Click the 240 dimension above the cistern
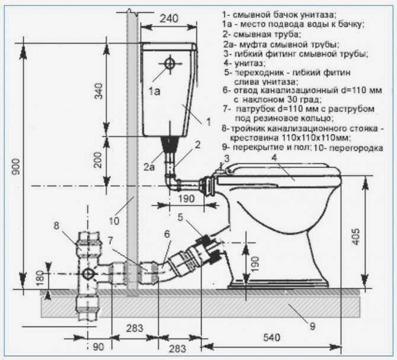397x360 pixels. (x=169, y=18)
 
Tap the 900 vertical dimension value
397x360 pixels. (x=15, y=167)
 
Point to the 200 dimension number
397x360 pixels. (x=98, y=160)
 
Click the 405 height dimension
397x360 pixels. (x=356, y=237)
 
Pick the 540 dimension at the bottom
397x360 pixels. (x=271, y=337)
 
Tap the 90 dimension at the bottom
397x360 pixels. (x=98, y=347)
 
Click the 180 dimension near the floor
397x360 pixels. (x=40, y=278)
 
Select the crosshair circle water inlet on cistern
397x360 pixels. (x=170, y=63)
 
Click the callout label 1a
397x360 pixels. (x=154, y=91)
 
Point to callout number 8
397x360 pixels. (x=56, y=225)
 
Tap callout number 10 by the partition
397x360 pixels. (x=114, y=221)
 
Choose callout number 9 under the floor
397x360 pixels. (x=313, y=327)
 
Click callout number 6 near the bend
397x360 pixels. (x=167, y=234)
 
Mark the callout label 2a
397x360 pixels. (x=149, y=167)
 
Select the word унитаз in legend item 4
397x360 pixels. (x=249, y=63)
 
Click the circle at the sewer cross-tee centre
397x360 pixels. (x=88, y=274)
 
